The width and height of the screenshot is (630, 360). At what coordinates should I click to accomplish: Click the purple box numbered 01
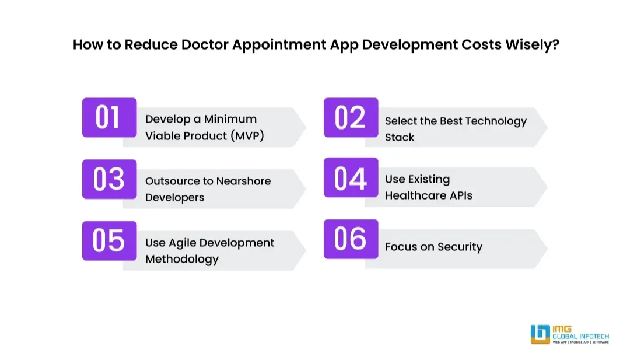[109, 117]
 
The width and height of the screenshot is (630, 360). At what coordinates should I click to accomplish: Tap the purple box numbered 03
[109, 179]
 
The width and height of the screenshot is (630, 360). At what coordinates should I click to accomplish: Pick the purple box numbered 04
[351, 178]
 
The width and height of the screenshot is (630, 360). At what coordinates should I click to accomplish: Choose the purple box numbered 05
[109, 240]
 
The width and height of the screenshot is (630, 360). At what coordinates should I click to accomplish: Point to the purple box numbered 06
[351, 239]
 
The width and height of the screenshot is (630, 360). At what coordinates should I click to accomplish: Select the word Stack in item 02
[400, 138]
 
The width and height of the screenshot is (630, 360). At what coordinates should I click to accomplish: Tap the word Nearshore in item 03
[243, 181]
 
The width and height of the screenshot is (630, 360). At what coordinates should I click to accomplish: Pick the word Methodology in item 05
[182, 259]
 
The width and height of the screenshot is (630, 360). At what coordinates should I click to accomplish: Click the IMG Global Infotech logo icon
[540, 334]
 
